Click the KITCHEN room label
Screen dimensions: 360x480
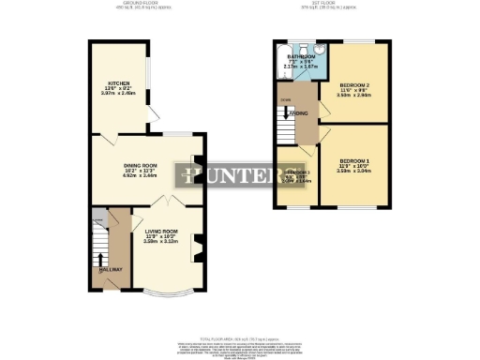tap(117, 82)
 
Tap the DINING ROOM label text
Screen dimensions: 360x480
tap(141, 166)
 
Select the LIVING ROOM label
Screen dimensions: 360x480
tap(161, 230)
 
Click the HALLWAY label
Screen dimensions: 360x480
tap(111, 270)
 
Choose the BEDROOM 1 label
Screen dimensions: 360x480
tap(355, 160)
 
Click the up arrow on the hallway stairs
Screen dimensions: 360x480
tap(99, 258)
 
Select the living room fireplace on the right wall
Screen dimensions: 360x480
tap(197, 248)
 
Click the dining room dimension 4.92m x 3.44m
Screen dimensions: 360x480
tap(141, 176)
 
